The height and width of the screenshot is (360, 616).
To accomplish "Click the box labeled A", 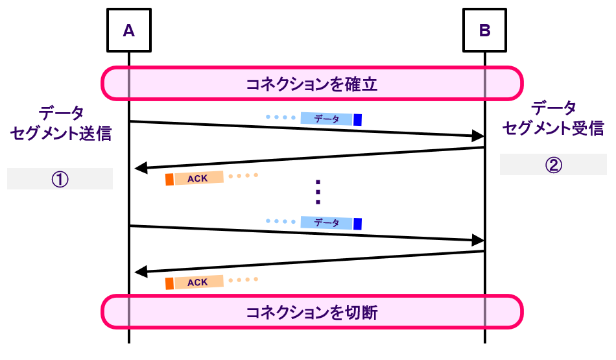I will [128, 30].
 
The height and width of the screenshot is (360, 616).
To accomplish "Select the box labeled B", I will [485, 30].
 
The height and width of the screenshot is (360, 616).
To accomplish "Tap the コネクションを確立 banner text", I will [312, 84].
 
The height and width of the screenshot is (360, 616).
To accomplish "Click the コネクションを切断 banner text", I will [312, 313].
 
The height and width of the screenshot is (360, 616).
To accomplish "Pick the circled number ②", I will [552, 165].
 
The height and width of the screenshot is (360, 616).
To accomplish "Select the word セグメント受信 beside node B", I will [553, 128].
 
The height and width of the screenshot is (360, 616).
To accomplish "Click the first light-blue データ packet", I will [327, 119].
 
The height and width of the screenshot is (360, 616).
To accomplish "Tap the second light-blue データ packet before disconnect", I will [327, 222].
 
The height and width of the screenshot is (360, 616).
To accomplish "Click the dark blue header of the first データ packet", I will [357, 119].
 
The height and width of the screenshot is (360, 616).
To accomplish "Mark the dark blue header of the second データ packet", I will [357, 223].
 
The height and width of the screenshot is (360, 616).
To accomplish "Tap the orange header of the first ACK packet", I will [169, 180].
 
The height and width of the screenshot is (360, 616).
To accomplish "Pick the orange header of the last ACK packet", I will [169, 283].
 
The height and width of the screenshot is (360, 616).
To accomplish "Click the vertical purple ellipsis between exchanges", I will [318, 191].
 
